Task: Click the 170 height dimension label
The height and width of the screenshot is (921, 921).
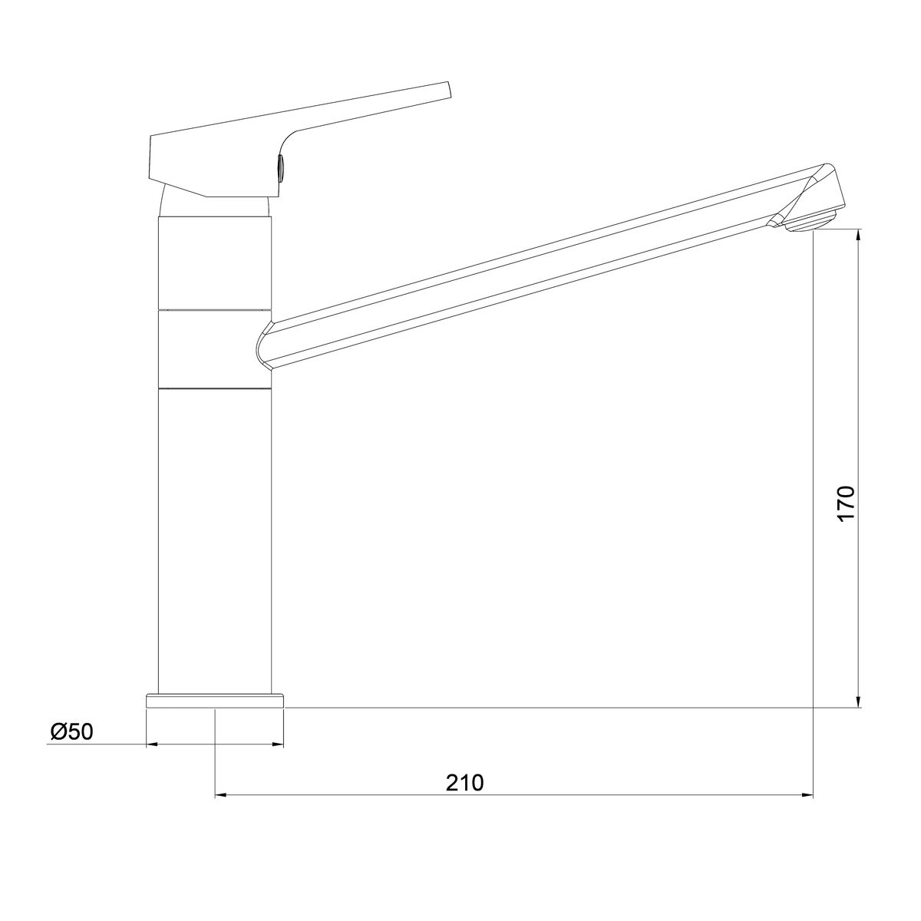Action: (846, 503)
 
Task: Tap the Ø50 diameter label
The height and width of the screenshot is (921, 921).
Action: (71, 731)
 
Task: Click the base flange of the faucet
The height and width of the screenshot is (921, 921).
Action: (215, 701)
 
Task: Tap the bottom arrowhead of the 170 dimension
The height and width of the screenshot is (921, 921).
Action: (858, 701)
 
